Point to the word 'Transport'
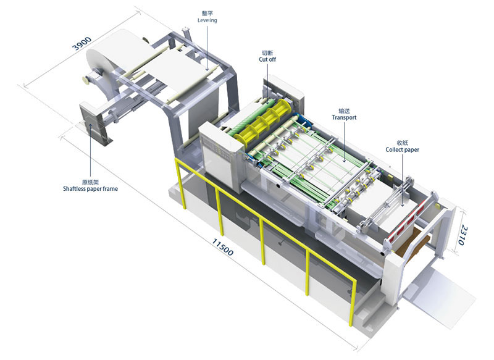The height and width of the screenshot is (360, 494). [344, 117]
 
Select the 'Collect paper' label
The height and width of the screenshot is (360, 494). [403, 149]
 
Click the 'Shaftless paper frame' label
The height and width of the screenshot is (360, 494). [91, 189]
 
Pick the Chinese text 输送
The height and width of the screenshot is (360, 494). [344, 109]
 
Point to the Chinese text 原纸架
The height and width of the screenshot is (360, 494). [91, 182]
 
